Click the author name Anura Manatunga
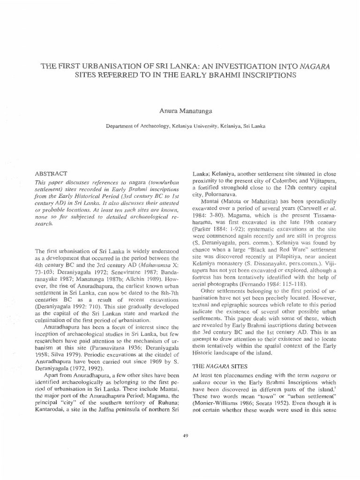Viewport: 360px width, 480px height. (180, 110)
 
